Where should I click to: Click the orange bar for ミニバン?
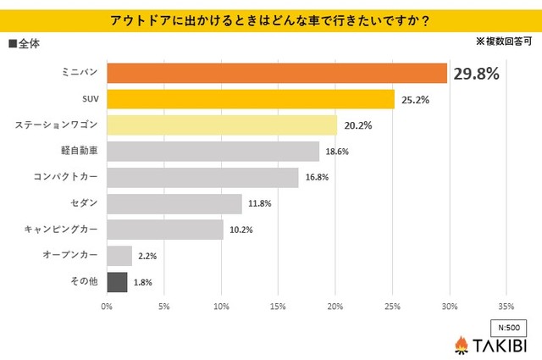pos(277,73)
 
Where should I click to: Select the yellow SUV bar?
pos(251,99)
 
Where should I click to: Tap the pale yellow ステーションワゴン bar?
pos(222,125)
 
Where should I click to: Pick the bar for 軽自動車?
pos(213,152)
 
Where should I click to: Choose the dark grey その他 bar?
pos(118,281)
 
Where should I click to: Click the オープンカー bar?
pos(119,255)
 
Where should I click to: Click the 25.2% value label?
pos(415,100)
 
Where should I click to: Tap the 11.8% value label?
pos(259,203)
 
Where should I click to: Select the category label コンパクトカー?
pos(65,178)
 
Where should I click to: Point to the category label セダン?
pos(86,203)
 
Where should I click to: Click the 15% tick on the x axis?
pos(279,306)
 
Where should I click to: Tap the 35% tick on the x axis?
pos(506,306)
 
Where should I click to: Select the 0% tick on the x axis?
pos(108,306)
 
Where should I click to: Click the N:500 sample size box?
pos(509,327)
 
